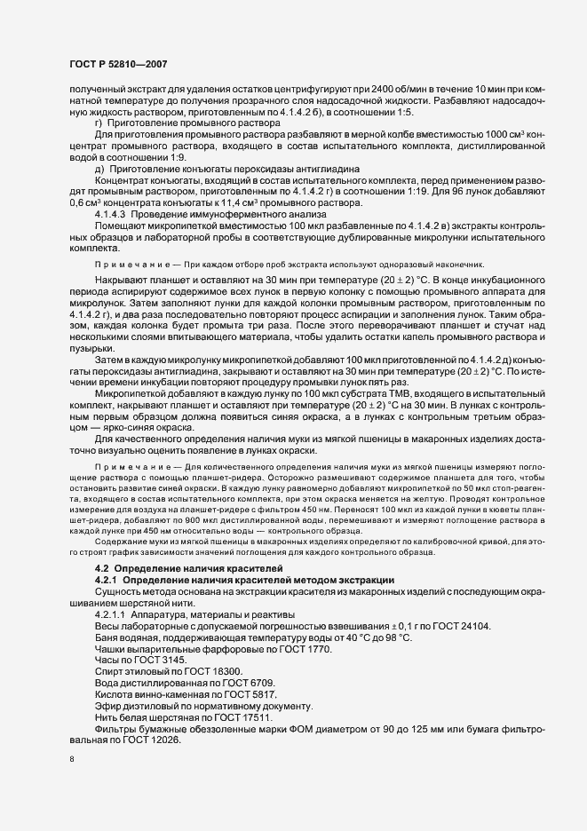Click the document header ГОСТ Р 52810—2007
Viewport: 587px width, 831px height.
click(x=117, y=63)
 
